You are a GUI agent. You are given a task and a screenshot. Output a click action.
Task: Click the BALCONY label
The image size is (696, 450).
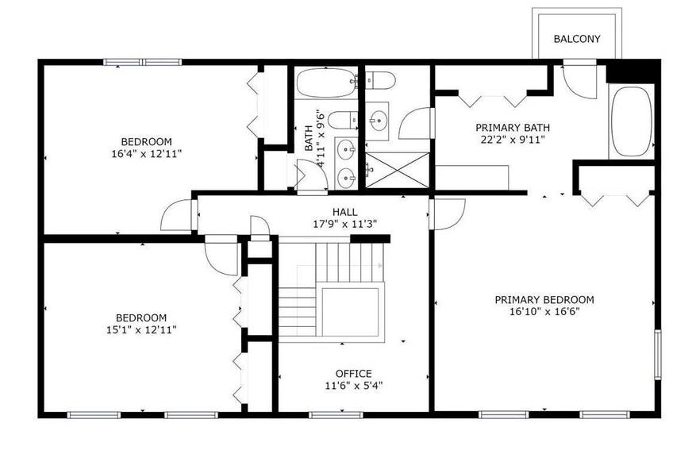click(577, 39)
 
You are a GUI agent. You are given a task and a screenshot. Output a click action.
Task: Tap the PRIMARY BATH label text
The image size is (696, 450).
click(513, 128)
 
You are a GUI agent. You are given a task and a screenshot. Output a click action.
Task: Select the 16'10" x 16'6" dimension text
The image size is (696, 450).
click(544, 312)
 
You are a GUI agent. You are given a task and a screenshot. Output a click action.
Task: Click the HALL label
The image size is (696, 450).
click(345, 212)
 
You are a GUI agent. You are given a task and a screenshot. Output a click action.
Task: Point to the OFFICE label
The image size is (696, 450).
click(354, 373)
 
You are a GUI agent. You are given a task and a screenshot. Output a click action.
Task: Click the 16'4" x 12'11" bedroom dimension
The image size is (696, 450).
click(147, 153)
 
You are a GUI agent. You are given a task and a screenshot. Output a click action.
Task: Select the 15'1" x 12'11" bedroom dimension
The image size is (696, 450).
click(141, 329)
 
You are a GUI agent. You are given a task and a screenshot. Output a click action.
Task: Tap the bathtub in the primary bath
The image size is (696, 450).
click(631, 121)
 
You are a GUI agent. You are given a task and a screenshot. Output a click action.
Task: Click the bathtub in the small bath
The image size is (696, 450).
click(326, 83)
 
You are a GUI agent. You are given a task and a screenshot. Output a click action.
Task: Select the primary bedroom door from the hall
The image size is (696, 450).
click(448, 214)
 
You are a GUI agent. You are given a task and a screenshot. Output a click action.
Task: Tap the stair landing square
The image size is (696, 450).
click(350, 312)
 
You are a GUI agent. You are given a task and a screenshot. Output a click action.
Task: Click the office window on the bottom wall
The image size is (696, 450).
click(336, 415)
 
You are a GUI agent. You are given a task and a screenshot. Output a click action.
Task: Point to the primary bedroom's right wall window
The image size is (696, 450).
click(658, 354)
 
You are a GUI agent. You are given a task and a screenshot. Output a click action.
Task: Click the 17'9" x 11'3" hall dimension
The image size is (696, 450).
click(345, 224)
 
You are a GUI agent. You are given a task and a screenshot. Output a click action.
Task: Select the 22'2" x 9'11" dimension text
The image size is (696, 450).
click(513, 140)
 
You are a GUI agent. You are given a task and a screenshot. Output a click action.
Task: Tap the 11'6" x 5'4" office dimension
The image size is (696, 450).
click(354, 385)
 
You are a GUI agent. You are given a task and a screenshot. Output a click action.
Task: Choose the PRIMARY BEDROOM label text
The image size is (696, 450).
click(544, 299)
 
